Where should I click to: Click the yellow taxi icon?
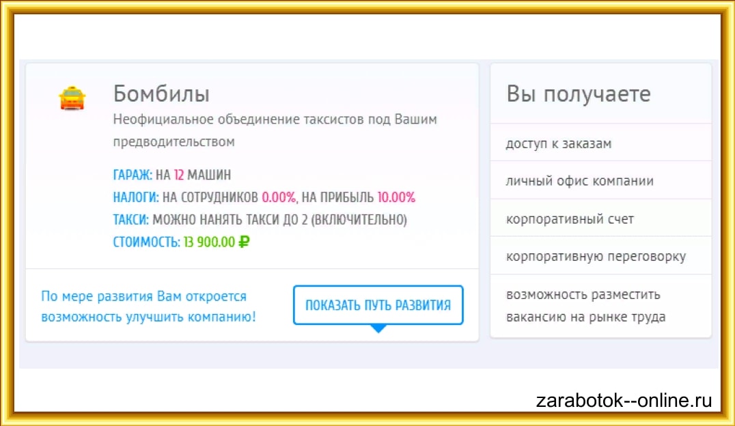tap(72, 99)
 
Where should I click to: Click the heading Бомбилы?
tap(161, 94)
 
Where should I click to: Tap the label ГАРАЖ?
tap(133, 175)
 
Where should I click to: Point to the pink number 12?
tap(179, 175)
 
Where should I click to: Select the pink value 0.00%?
tap(279, 197)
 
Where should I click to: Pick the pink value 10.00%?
tap(396, 197)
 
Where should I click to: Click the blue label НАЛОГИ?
tap(136, 197)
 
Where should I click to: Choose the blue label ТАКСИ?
tap(130, 220)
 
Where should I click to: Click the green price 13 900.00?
tap(208, 242)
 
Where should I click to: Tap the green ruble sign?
tap(244, 242)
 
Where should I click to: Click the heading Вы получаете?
tap(579, 94)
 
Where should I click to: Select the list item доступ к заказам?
tap(558, 143)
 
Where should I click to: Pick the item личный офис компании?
tap(579, 181)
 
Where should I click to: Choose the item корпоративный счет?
tap(570, 219)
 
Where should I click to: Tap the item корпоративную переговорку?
tap(596, 257)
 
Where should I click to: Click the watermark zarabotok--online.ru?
tap(624, 401)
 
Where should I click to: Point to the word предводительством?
tap(174, 142)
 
